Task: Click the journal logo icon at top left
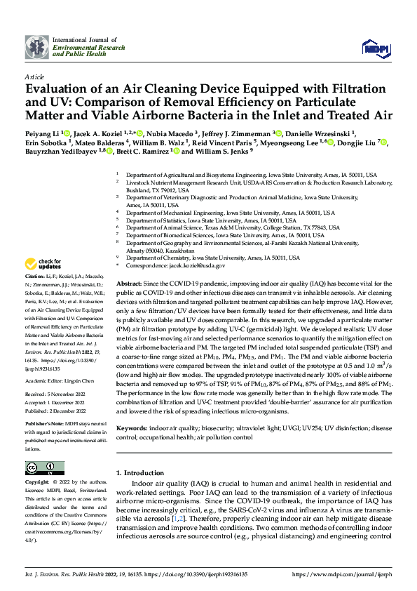tap(37, 47)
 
